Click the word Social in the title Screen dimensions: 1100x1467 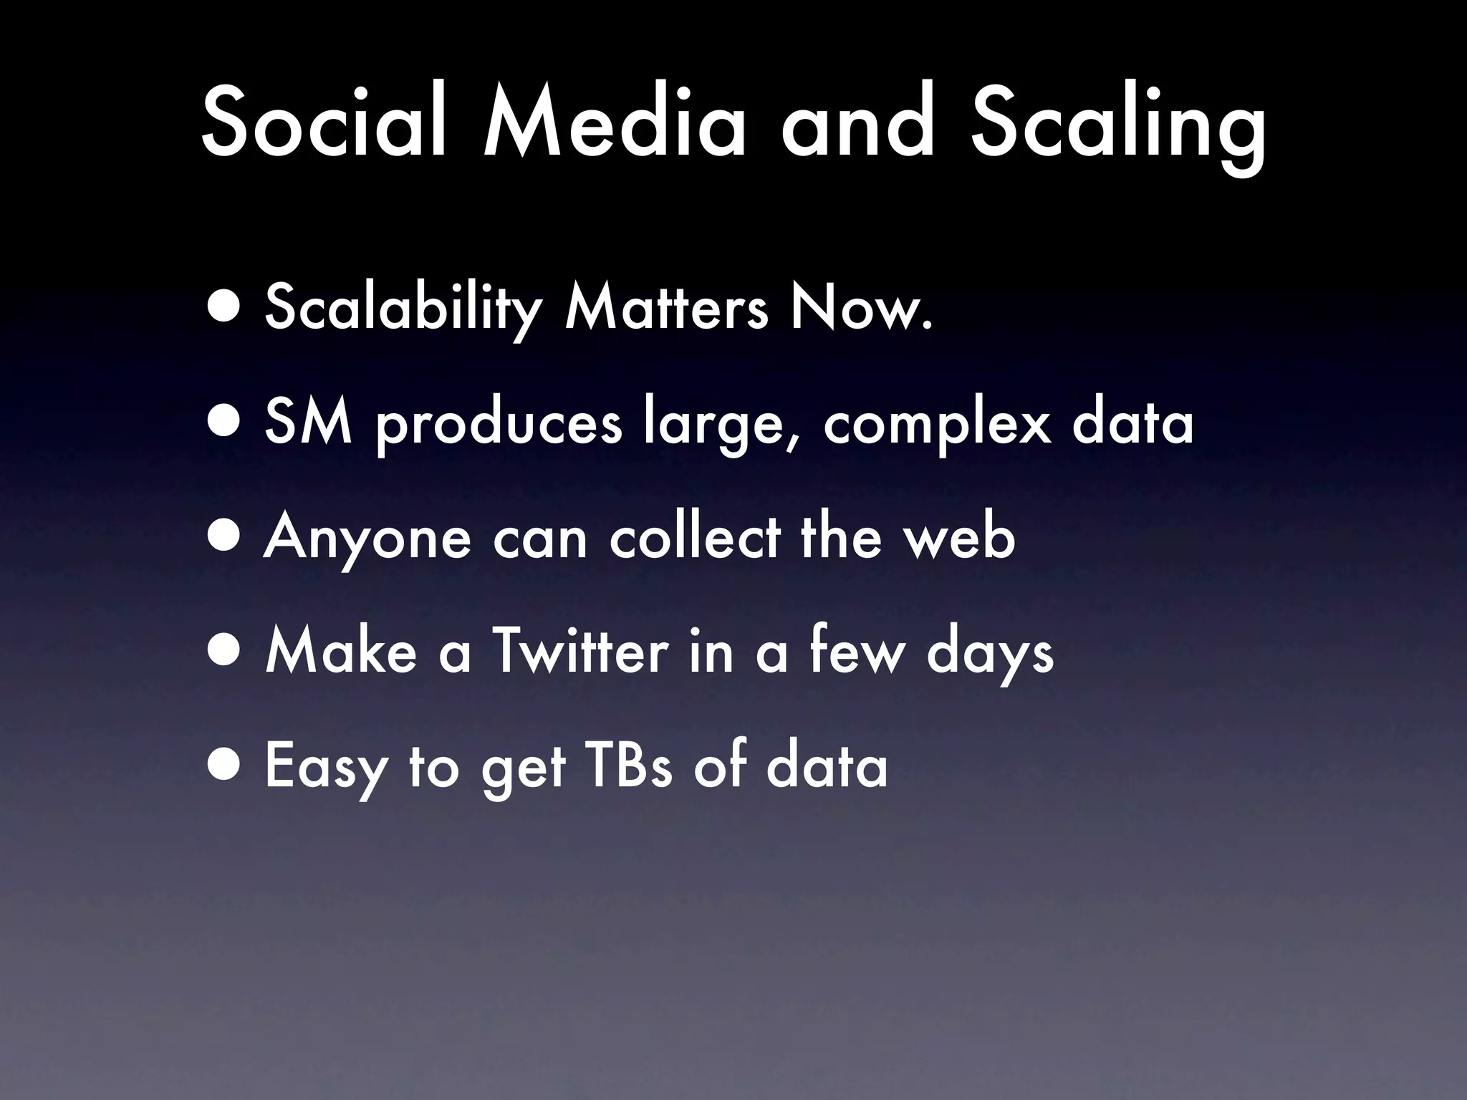coord(326,123)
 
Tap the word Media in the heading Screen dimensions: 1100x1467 coord(615,123)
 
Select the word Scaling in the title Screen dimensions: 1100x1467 coord(1117,129)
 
